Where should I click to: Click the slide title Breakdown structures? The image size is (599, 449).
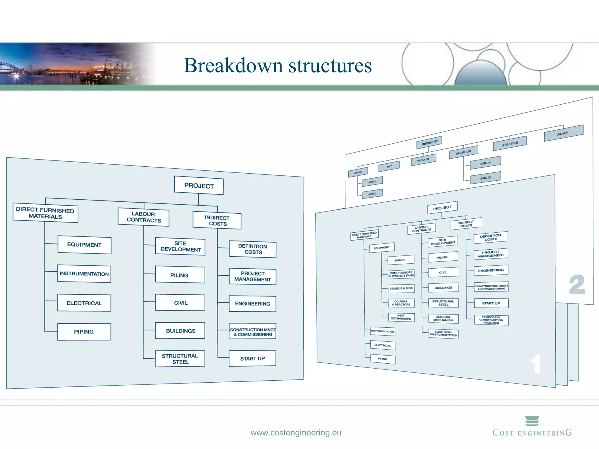click(x=277, y=65)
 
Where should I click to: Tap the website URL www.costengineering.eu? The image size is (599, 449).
click(x=296, y=433)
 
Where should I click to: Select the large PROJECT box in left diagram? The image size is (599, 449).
click(x=199, y=186)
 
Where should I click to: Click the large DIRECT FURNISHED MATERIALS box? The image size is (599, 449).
click(x=45, y=213)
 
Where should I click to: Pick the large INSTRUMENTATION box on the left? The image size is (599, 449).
click(x=84, y=274)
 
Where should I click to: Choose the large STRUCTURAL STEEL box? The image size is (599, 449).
click(x=180, y=359)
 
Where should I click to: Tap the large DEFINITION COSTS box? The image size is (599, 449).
click(x=252, y=249)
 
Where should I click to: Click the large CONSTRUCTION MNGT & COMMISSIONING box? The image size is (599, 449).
click(x=252, y=332)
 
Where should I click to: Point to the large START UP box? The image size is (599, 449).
click(x=252, y=358)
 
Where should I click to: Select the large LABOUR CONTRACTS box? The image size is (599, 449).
click(x=143, y=217)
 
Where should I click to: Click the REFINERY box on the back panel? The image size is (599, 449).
click(x=429, y=143)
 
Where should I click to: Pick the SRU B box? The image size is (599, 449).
click(x=485, y=178)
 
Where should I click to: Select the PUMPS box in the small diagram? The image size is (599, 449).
click(x=400, y=260)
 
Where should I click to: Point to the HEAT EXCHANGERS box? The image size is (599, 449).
click(x=401, y=317)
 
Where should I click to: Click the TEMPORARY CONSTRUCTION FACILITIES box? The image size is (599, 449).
click(x=491, y=320)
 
